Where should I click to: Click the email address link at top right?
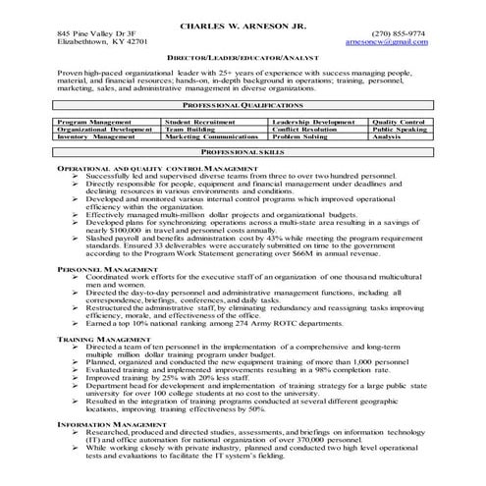[402, 43]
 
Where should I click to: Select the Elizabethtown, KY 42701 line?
[103, 43]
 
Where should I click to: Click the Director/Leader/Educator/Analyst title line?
[243, 60]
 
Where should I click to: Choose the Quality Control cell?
[400, 122]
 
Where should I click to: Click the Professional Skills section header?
[243, 154]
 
